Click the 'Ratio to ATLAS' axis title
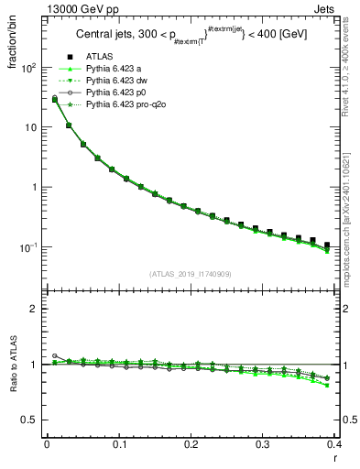pyautogui.click(x=12, y=365)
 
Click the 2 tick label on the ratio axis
pyautogui.click(x=34, y=309)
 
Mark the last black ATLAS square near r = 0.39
pyautogui.click(x=327, y=245)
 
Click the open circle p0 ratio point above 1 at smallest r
pyautogui.click(x=54, y=355)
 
